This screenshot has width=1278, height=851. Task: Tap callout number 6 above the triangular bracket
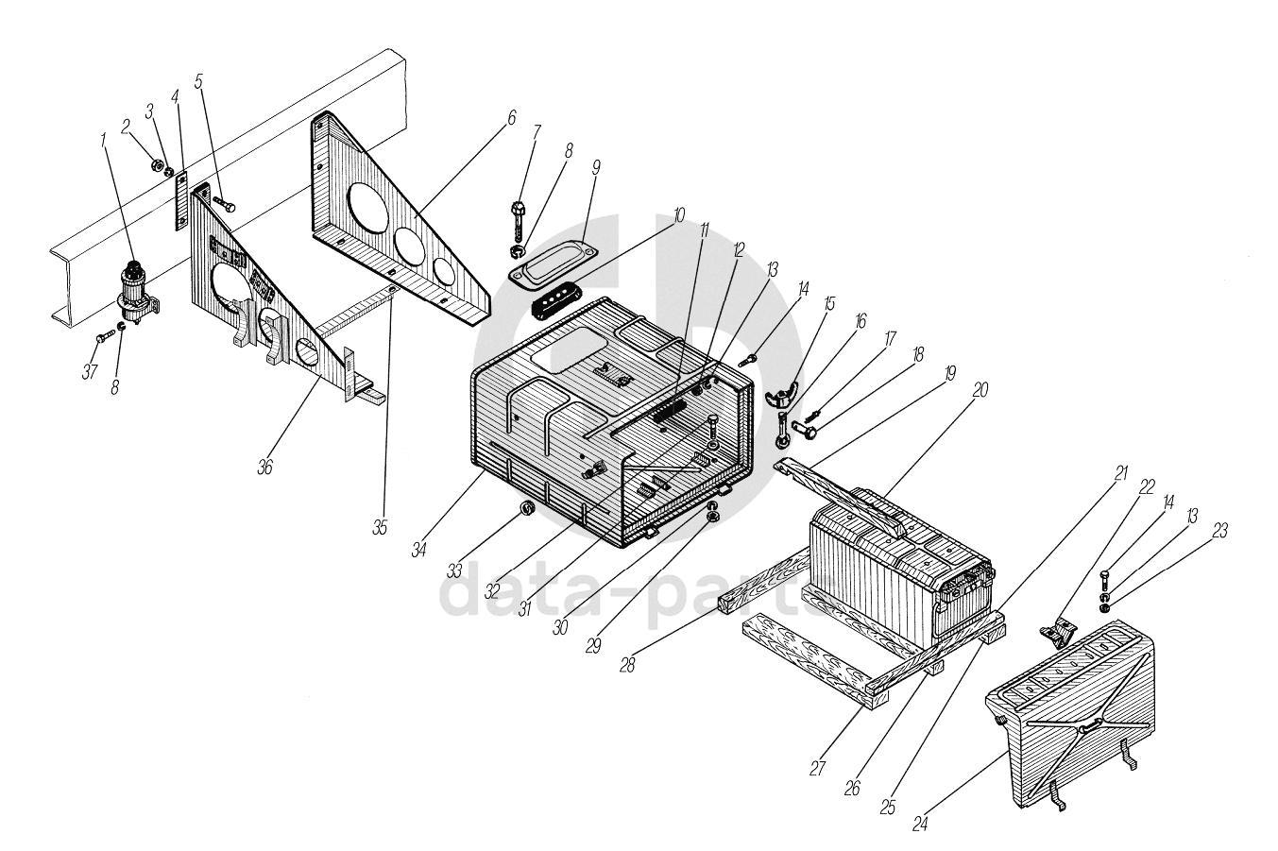(x=511, y=118)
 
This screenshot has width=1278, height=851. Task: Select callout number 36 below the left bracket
(x=265, y=467)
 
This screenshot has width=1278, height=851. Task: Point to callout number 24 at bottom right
(x=919, y=822)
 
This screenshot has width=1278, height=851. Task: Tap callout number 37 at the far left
(x=89, y=371)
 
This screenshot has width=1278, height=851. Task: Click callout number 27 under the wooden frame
(x=818, y=768)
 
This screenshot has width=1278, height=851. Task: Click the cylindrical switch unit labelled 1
(x=136, y=288)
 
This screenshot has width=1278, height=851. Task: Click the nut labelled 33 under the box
(x=529, y=510)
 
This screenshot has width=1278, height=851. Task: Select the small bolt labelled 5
(x=225, y=203)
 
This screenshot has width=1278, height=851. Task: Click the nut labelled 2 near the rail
(x=155, y=166)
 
